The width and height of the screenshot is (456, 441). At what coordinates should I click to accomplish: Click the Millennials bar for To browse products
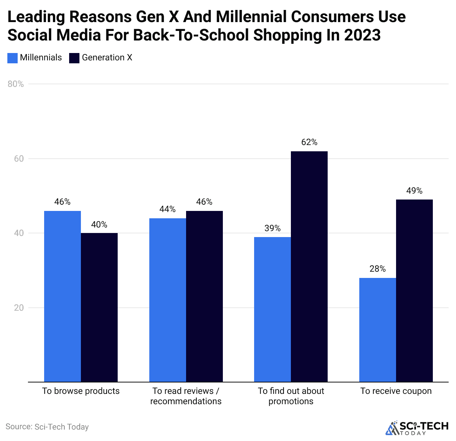point(63,296)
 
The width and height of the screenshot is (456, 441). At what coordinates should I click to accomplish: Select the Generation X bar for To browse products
point(99,307)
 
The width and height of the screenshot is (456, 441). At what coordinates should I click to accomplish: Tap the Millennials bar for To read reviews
point(168,300)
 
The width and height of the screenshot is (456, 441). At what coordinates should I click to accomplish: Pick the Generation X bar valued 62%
point(309,267)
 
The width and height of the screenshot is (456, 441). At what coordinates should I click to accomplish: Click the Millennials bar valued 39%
point(272,309)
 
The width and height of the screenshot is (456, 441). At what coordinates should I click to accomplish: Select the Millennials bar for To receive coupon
point(378,330)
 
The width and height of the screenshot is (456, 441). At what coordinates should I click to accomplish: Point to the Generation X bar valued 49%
point(414,291)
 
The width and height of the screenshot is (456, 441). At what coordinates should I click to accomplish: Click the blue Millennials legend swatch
point(13,58)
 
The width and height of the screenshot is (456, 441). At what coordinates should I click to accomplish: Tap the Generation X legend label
point(107,58)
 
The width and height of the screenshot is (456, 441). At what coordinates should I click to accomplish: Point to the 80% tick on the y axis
point(16,84)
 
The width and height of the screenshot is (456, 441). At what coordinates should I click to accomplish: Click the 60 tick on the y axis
point(19,159)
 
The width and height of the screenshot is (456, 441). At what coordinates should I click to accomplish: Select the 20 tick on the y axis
point(19,308)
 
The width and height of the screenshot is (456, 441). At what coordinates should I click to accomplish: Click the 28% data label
point(378,269)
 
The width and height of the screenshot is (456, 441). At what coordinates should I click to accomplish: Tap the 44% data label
point(168,209)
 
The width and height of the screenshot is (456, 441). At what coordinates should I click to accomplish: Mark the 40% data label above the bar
point(99,225)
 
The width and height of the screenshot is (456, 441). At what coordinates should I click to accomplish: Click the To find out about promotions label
point(291,396)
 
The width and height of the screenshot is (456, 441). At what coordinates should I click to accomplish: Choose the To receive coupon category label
point(396,391)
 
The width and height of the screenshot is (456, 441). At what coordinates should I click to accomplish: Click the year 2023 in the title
point(362,35)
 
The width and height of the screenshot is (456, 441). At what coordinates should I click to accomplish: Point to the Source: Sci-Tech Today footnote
point(47,427)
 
